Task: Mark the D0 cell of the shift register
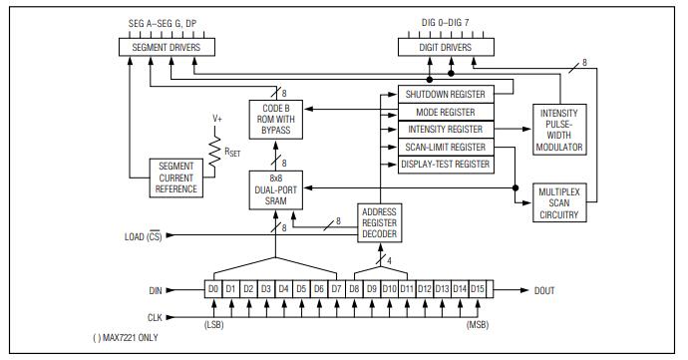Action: pyautogui.click(x=212, y=289)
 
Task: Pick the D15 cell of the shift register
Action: pyautogui.click(x=479, y=289)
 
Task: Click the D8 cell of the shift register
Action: pyautogui.click(x=354, y=289)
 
